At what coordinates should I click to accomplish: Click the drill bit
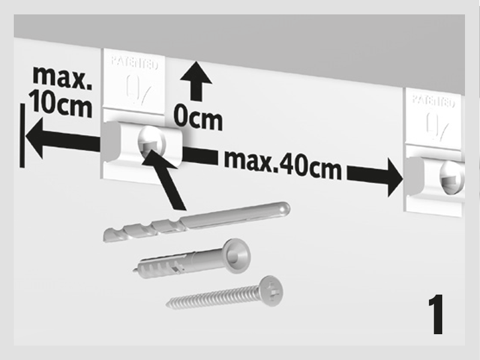(x=197, y=221)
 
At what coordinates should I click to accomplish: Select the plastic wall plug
(x=191, y=259)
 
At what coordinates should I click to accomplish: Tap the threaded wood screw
(x=224, y=293)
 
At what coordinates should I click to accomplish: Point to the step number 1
(x=436, y=314)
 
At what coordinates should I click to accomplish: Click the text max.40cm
(x=283, y=165)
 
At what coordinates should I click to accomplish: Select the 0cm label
(x=198, y=118)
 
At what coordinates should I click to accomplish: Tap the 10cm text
(x=61, y=103)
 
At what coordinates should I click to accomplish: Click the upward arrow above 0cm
(x=196, y=80)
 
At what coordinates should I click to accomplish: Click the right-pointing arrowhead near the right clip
(x=395, y=177)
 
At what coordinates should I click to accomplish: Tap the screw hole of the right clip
(x=452, y=177)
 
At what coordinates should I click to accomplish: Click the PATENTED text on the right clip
(x=433, y=101)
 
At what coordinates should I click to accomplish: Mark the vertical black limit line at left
(x=22, y=136)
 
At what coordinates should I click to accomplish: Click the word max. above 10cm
(x=62, y=77)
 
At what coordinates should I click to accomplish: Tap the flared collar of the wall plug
(x=236, y=256)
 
